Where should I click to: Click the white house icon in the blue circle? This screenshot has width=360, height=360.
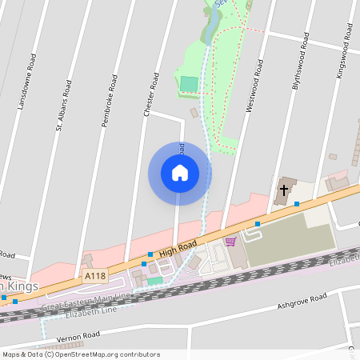(x=180, y=173)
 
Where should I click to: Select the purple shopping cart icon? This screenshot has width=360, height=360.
(x=231, y=242)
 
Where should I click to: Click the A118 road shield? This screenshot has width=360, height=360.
(x=94, y=276)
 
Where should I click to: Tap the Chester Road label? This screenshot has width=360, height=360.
(x=149, y=98)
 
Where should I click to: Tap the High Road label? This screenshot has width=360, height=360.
(x=178, y=252)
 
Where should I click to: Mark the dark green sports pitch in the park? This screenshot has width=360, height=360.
(x=189, y=83)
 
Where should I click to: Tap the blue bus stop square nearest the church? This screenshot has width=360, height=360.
(x=297, y=204)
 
